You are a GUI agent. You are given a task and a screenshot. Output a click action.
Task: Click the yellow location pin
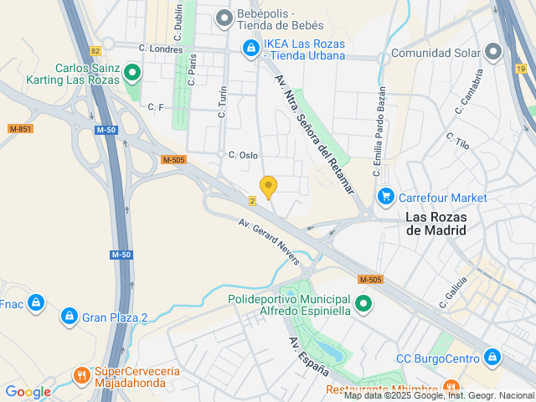(x=268, y=187)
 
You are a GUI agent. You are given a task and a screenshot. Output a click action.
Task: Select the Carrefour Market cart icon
(x=385, y=197)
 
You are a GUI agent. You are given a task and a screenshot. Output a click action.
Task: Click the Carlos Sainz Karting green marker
(x=131, y=75)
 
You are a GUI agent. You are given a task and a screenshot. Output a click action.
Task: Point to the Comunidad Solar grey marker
(x=493, y=53)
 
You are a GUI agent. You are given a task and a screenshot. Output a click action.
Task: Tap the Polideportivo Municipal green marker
(x=363, y=304)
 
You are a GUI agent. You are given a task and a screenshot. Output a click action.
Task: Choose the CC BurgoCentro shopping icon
(x=493, y=358)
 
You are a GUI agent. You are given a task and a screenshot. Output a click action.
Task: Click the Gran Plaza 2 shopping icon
(x=70, y=317)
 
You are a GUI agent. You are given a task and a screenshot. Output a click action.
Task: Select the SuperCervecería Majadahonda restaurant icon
(x=81, y=375)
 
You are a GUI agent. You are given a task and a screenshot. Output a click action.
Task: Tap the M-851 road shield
(x=20, y=129)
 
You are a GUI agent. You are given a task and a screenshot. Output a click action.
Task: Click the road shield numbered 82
(x=95, y=50)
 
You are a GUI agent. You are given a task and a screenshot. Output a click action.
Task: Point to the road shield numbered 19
(x=521, y=70)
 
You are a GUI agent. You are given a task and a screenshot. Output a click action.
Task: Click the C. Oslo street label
(x=243, y=155)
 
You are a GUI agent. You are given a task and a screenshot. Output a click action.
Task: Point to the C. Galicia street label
(x=453, y=292)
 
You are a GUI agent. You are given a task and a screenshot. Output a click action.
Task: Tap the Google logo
(x=28, y=392)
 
